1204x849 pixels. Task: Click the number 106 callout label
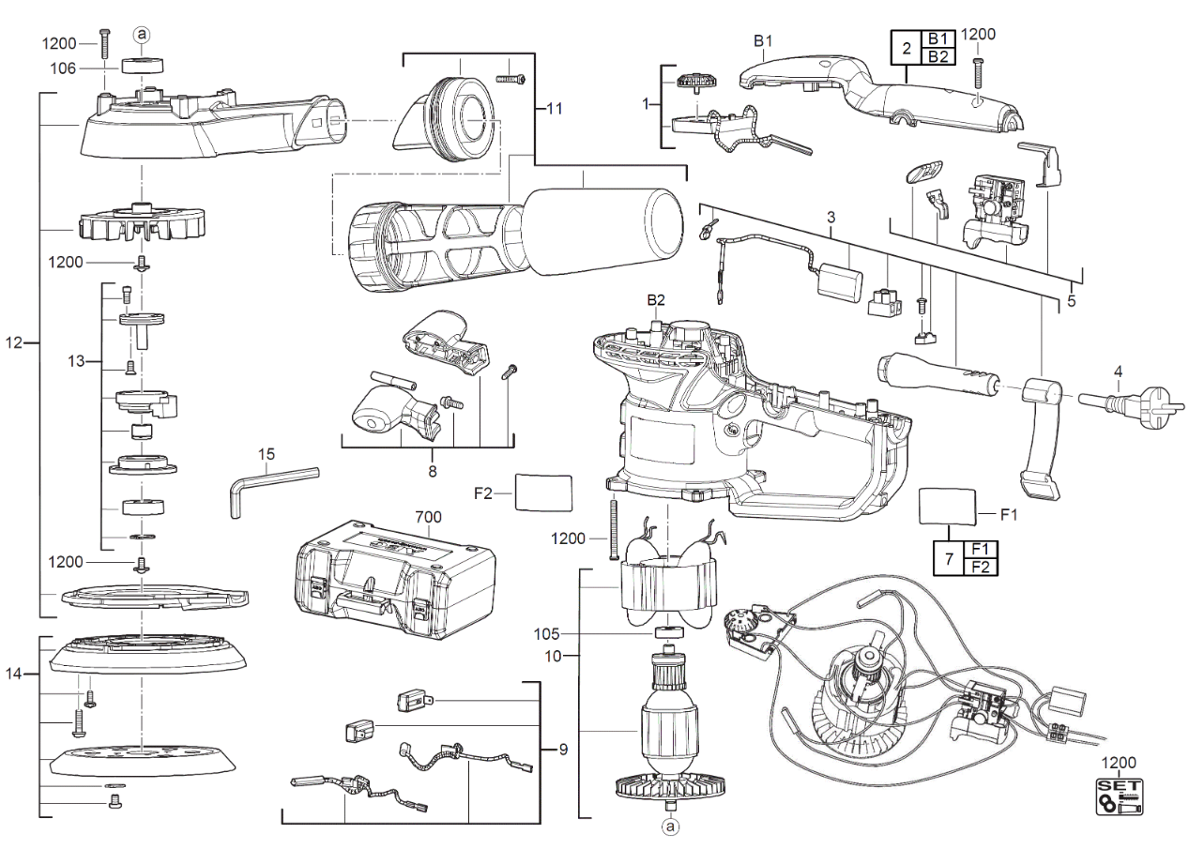[x=63, y=68]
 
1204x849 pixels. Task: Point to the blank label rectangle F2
[x=543, y=493]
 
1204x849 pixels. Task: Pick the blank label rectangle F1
[x=947, y=506]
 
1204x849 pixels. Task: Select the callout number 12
[x=14, y=342]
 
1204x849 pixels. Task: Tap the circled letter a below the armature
[x=670, y=826]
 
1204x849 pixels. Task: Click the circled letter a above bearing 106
[x=142, y=35]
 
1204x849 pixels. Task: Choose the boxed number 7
[x=949, y=559]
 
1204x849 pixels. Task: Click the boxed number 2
[x=907, y=48]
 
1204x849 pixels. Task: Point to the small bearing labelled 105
[x=670, y=632]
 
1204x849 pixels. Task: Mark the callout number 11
[x=555, y=109]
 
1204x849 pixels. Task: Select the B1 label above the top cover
[x=763, y=41]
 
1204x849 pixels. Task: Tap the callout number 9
[x=563, y=749]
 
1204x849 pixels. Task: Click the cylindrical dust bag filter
[x=603, y=231]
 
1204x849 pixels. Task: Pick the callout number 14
[x=14, y=674]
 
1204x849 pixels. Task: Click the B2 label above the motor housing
[x=656, y=300]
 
